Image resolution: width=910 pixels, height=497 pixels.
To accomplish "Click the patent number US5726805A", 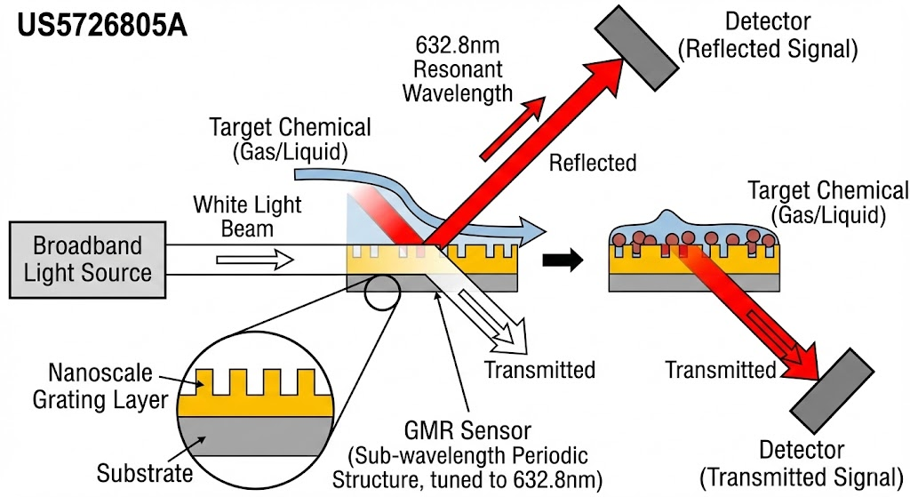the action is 102,26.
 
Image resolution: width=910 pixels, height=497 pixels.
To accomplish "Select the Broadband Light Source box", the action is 88,260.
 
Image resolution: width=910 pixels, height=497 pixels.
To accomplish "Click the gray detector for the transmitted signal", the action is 832,390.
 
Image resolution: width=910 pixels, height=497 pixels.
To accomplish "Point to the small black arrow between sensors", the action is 563,260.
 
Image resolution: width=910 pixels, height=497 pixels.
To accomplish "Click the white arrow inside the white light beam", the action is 255,260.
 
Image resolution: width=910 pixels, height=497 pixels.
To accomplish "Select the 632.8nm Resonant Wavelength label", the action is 458,69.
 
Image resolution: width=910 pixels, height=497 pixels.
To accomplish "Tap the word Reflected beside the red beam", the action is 593,164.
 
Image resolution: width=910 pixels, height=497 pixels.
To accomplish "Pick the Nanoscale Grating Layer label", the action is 100,386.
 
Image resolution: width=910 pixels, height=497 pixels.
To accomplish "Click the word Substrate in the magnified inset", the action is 145,473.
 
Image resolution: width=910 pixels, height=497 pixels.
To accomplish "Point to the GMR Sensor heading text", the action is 467,431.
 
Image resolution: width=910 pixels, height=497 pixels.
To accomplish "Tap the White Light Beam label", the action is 247,216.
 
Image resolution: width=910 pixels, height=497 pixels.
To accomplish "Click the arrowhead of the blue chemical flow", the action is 533,231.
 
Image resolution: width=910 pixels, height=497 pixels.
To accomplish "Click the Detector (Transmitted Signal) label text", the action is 802,463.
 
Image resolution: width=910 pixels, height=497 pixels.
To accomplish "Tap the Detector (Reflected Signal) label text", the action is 768,36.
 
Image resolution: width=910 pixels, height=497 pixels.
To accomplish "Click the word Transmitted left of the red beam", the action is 720,370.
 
